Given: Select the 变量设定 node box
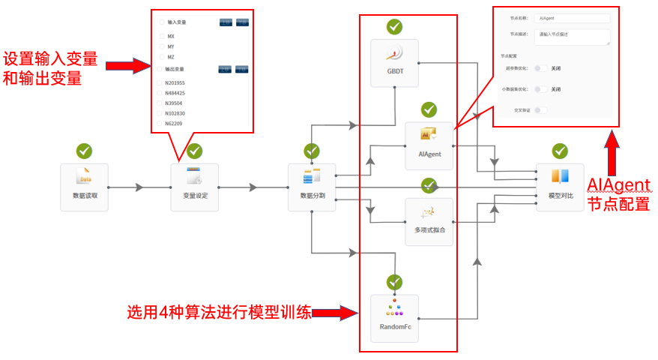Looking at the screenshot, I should coord(194,187).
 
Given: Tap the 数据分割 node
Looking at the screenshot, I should coord(312,187).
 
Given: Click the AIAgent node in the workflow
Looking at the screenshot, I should coord(429,145).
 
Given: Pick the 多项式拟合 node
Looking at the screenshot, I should coord(429,220).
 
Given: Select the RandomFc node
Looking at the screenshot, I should coord(394,318).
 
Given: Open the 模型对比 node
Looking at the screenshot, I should coord(560,187).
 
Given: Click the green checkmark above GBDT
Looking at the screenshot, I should coord(394,27).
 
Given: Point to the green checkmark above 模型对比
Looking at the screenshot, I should coord(560,151).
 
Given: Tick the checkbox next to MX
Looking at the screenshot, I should coord(162,36).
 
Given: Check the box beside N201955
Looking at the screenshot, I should coord(158,82).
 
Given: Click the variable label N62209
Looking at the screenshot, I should coord(175,123).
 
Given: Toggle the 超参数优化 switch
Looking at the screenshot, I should coord(540,68).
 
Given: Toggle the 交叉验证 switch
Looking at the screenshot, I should coord(540,110).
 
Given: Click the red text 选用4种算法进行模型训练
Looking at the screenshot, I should coord(218,313).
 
